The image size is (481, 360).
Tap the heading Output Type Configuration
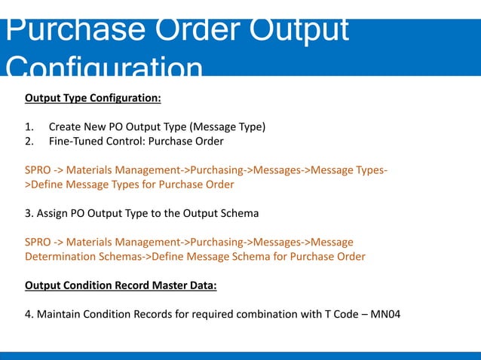coord(93,98)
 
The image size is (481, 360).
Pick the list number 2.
coord(29,142)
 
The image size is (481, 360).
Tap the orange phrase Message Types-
coord(351,170)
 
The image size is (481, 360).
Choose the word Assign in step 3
coord(54,213)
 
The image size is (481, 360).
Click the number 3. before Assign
coord(29,213)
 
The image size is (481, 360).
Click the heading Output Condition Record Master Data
coord(120,285)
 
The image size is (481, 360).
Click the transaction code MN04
coord(384,314)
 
